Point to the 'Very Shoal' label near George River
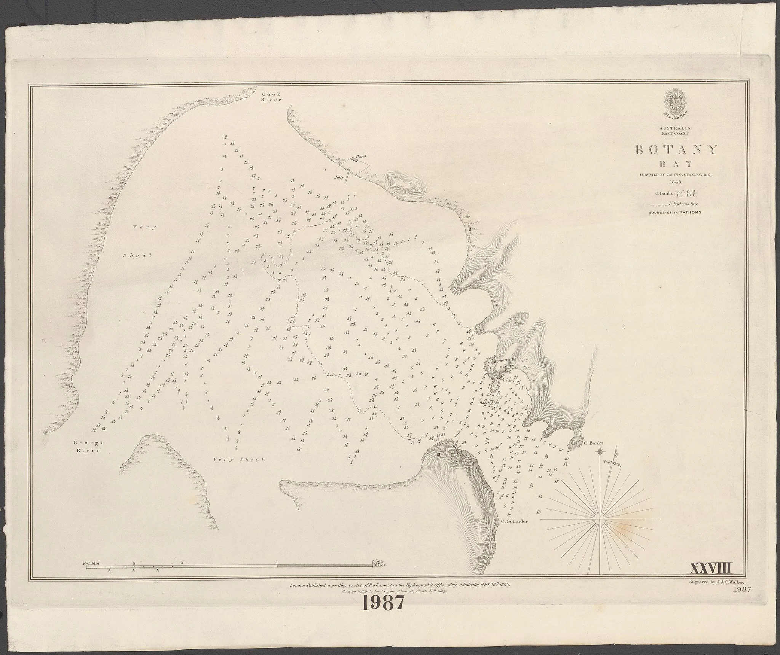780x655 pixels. click(x=238, y=459)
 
